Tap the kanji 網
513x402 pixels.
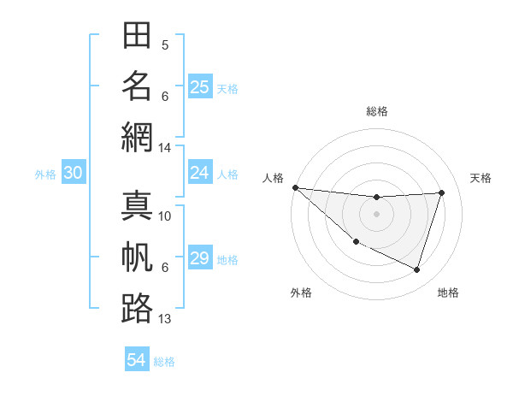point(137,136)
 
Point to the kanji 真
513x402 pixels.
point(137,208)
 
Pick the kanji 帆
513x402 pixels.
point(137,257)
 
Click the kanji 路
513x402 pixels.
point(137,308)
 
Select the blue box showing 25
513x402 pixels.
point(200,86)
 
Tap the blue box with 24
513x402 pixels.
point(200,173)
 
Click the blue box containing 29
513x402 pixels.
point(200,258)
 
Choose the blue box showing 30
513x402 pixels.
point(74,173)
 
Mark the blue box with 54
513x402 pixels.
point(137,360)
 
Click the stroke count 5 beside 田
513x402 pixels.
point(165,44)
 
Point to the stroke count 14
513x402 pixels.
point(165,147)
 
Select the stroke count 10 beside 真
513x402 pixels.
point(165,216)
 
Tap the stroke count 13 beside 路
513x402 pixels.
point(165,319)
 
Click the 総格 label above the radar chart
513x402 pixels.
point(377,111)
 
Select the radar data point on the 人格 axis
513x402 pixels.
point(295,187)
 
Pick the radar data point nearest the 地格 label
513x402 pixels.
point(417,270)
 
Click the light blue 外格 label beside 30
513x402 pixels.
point(45,174)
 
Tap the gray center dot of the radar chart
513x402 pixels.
point(377,214)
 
